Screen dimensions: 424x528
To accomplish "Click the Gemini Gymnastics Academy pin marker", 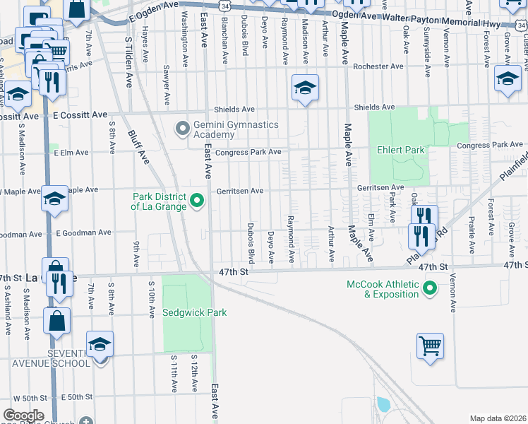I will tap(183, 129).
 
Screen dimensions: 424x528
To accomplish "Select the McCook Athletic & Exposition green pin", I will tap(428, 288).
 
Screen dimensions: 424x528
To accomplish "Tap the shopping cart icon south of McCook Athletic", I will tap(430, 346).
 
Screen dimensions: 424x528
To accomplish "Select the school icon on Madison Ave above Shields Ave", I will tap(304, 88).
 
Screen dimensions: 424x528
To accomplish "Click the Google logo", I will tap(23, 415).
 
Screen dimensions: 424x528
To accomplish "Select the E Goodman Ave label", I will tap(82, 232).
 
